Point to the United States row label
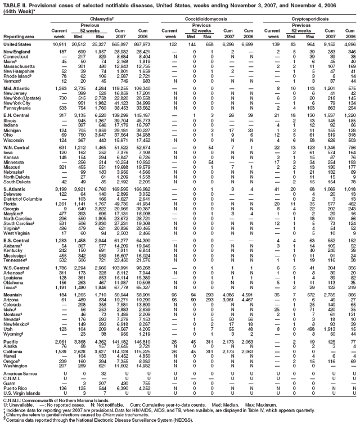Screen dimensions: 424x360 [x=18, y=43]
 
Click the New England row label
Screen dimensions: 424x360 [x=17, y=51]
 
